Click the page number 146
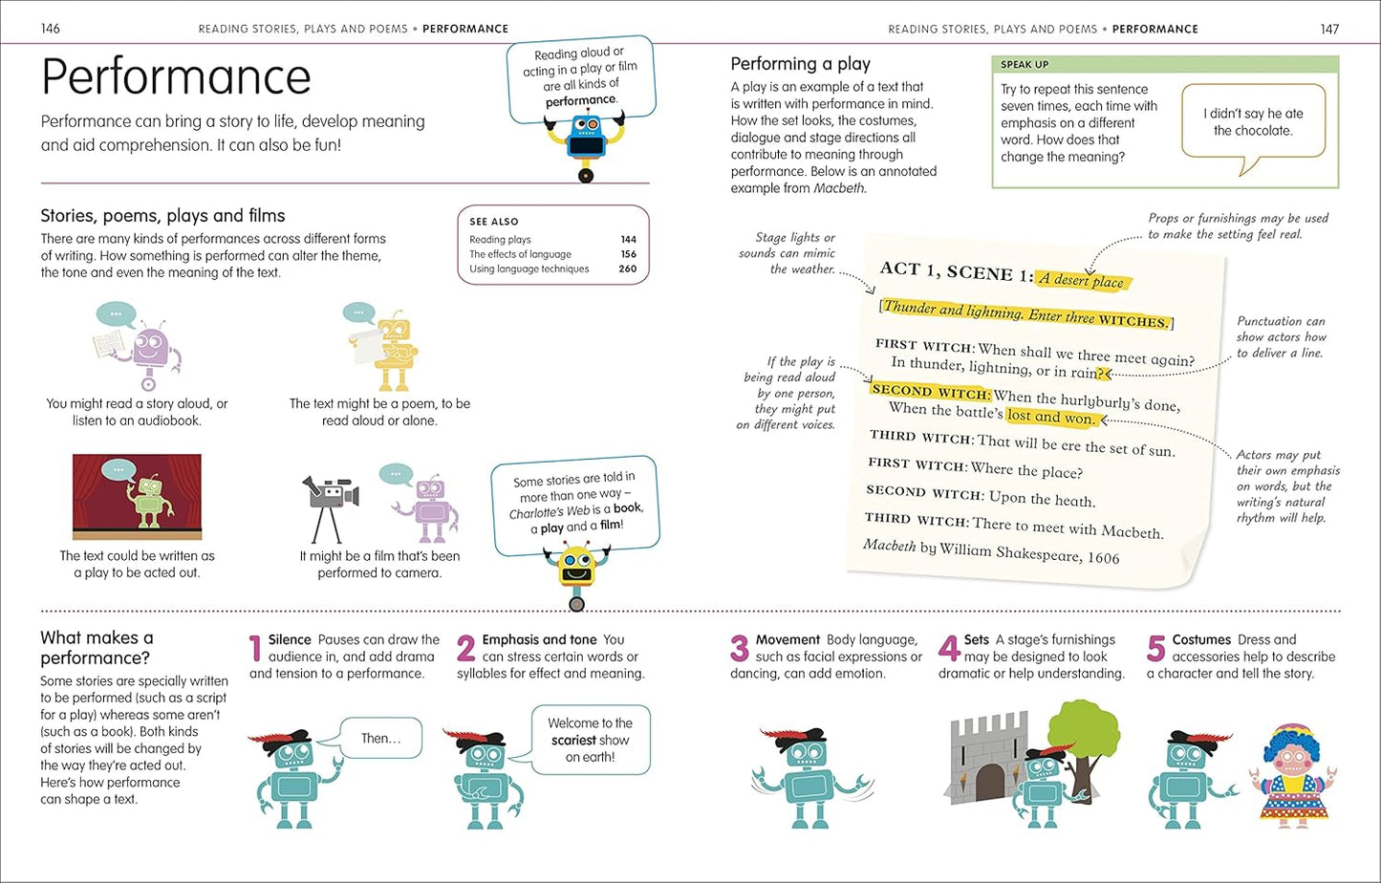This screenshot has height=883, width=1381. pos(51,29)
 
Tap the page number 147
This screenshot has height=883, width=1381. pos(1329,29)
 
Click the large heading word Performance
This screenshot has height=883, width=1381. pos(176,76)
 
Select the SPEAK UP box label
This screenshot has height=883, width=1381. pos(1025,65)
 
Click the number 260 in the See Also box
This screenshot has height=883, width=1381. pos(627,269)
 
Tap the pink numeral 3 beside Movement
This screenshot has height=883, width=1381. pos(739,649)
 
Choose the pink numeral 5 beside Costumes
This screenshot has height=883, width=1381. pos(1155,649)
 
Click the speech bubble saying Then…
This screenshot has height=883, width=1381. pos(380,739)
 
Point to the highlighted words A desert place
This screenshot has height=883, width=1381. pos(1082,280)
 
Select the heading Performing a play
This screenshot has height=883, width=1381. pos(800,64)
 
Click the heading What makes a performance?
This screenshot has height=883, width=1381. pos(96,648)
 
